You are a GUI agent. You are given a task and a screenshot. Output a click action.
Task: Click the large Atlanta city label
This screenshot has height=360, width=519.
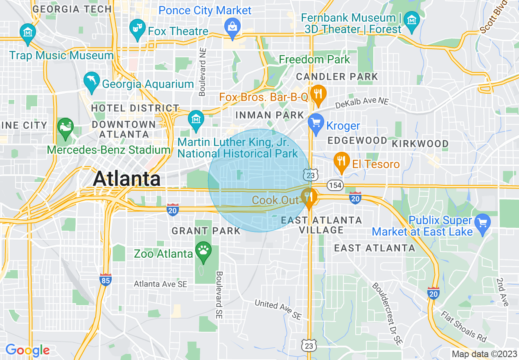(127, 179)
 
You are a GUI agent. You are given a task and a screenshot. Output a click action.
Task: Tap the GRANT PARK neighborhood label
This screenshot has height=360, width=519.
(206, 231)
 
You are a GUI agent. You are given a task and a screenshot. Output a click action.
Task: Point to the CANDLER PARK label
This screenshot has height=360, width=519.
(337, 76)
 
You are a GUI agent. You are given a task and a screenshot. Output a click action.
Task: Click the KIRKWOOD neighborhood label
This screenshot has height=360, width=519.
(420, 144)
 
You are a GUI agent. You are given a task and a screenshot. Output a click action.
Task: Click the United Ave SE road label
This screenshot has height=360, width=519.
(278, 309)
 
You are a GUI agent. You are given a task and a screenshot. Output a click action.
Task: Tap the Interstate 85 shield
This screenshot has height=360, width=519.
(106, 279)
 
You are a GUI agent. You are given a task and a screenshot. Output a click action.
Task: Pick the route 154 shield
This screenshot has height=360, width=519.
(335, 185)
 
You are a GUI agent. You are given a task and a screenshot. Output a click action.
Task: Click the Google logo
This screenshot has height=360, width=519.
(27, 351)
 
